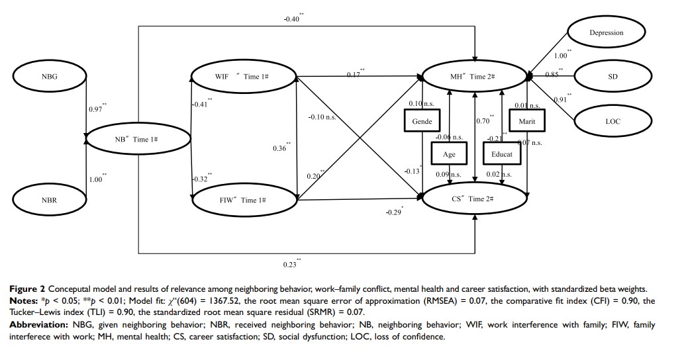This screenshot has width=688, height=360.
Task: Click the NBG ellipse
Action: tap(50, 77)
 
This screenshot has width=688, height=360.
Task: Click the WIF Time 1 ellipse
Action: tap(242, 77)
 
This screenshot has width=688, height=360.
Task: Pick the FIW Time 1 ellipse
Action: tap(242, 200)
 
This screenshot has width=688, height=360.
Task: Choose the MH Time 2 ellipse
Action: tap(474, 77)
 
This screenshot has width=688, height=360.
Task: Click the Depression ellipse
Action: tap(606, 32)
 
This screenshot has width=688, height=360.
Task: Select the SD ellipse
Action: tap(612, 77)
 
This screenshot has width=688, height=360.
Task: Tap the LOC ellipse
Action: tap(612, 122)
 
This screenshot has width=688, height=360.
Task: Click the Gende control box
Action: tap(422, 122)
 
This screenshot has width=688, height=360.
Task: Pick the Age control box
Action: tap(450, 155)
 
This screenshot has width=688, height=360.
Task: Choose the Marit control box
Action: tap(527, 122)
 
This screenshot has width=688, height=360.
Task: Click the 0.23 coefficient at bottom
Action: tap(291, 265)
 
